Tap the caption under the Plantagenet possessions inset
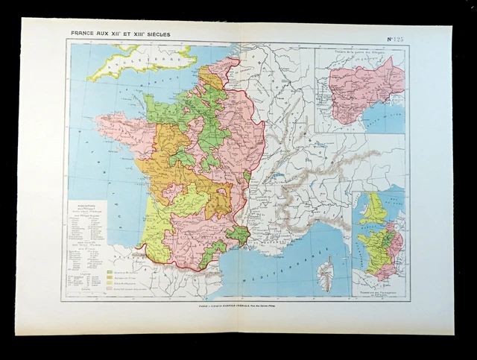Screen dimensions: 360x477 tap(380, 290)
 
